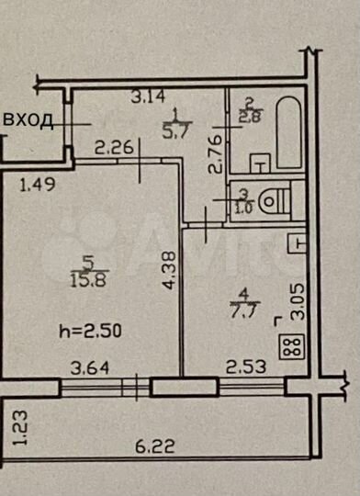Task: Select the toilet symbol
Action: tap(273, 198)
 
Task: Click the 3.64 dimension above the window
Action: tap(93, 369)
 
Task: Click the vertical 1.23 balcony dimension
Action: tap(21, 428)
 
